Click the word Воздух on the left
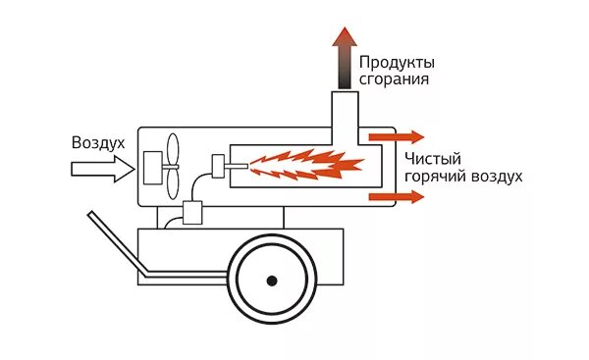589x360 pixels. [98, 143]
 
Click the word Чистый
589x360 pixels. [432, 159]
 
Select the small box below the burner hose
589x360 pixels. [190, 212]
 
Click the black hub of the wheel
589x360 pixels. [271, 282]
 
